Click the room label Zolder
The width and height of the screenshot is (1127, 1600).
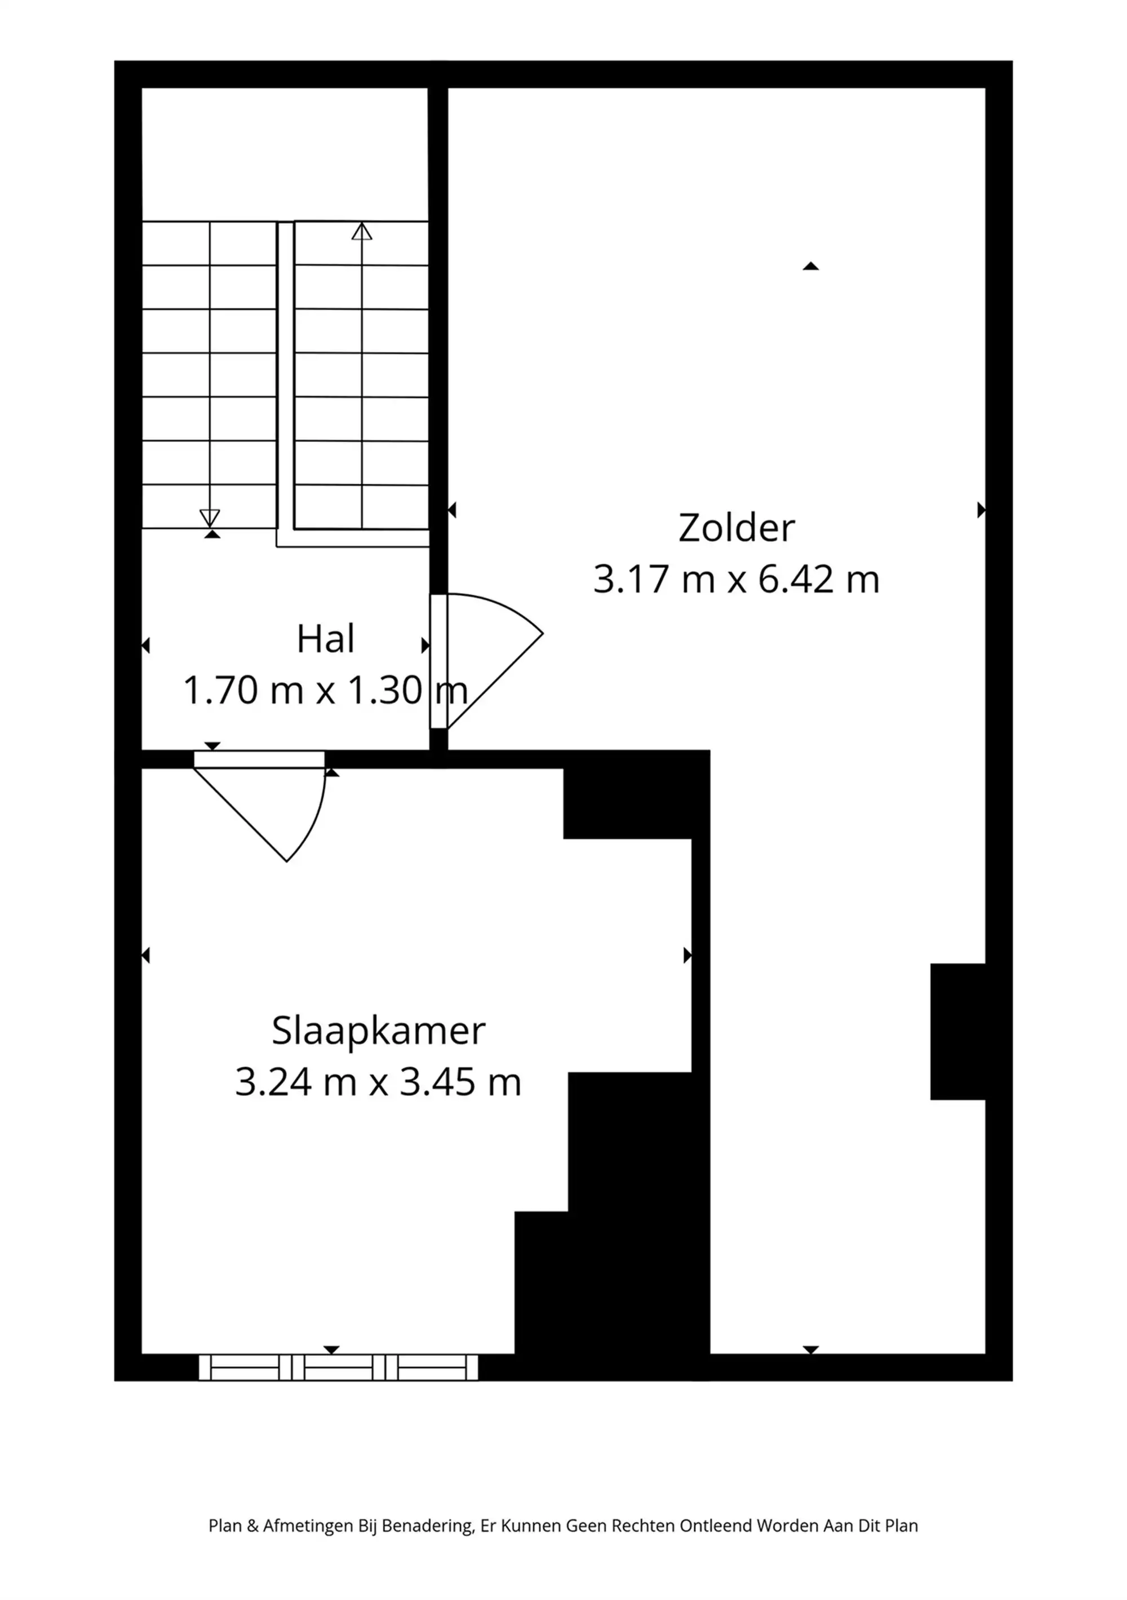pyautogui.click(x=736, y=528)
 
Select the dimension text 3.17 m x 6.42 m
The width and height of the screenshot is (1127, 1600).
pyautogui.click(x=736, y=579)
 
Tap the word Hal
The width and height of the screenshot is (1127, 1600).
pyautogui.click(x=325, y=639)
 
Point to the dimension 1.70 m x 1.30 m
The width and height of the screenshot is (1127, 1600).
pyautogui.click(x=325, y=691)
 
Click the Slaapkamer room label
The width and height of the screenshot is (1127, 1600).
pyautogui.click(x=378, y=1031)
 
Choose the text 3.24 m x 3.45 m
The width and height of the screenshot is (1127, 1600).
pyautogui.click(x=378, y=1082)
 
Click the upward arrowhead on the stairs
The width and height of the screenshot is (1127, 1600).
pyautogui.click(x=362, y=232)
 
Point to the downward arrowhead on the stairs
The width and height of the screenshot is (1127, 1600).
pyautogui.click(x=210, y=517)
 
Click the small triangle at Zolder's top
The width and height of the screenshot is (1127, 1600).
pyautogui.click(x=810, y=266)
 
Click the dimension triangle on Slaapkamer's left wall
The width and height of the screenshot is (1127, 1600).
pyautogui.click(x=147, y=956)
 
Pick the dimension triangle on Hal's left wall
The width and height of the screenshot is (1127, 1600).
pyautogui.click(x=147, y=646)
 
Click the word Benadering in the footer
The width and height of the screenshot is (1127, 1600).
pyautogui.click(x=428, y=1526)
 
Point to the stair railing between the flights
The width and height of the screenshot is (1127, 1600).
pyautogui.click(x=285, y=376)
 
